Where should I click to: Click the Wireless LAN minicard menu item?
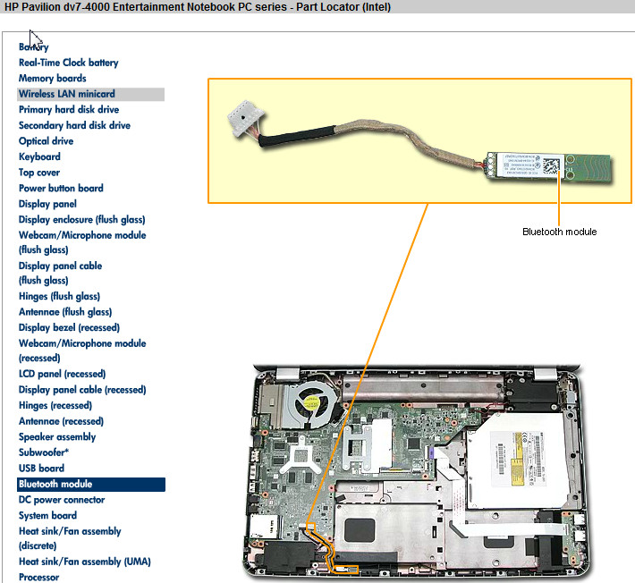[x=67, y=94]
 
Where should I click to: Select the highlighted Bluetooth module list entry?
[x=55, y=485]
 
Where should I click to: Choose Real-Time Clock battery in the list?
[x=69, y=63]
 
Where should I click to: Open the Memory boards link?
[x=53, y=79]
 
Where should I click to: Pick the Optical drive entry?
[x=47, y=141]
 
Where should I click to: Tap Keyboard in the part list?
[x=40, y=156]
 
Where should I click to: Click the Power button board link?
[x=61, y=189]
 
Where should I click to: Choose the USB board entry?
[x=41, y=469]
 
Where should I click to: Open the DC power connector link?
[x=62, y=500]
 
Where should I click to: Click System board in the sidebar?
[x=47, y=516]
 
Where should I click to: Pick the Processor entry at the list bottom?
[x=39, y=578]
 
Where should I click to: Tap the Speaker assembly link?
[x=57, y=437]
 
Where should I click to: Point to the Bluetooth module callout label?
[x=559, y=232]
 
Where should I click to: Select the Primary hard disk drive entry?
[x=69, y=110]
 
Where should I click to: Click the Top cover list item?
[x=39, y=173]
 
